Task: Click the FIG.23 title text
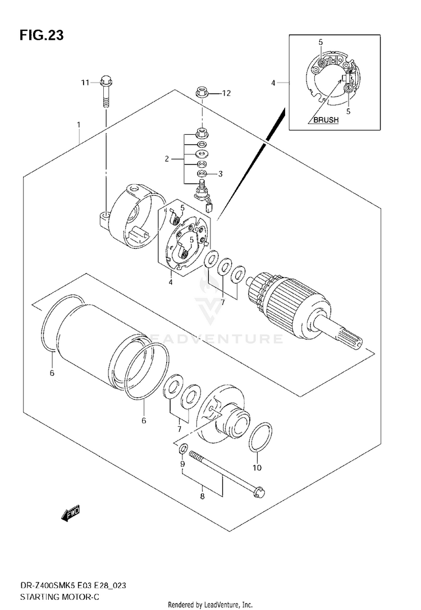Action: (x=42, y=35)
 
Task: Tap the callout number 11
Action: (x=85, y=83)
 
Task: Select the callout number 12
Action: (x=226, y=93)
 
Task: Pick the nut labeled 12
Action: (x=202, y=93)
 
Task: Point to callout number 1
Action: (x=79, y=125)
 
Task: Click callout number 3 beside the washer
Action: (x=220, y=174)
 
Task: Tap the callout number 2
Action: (x=167, y=159)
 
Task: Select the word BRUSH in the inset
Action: (x=326, y=120)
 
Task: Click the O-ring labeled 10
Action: (x=259, y=437)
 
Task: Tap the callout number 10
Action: (x=257, y=467)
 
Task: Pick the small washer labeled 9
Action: (x=183, y=449)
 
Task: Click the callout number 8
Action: (x=202, y=496)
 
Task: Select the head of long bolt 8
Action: (x=259, y=491)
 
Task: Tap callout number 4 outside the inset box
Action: (x=273, y=83)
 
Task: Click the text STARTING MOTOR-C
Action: (x=57, y=597)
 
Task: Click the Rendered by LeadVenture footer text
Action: (x=210, y=605)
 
